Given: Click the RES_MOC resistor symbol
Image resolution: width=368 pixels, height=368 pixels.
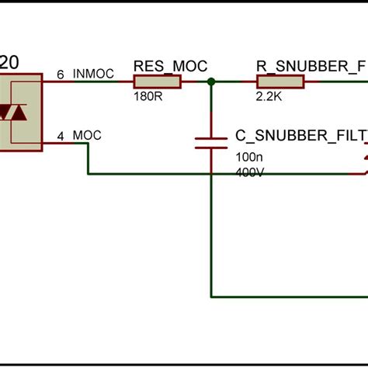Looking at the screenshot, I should point(158,82).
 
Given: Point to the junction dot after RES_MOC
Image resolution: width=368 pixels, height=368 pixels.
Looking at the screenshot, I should point(210,82).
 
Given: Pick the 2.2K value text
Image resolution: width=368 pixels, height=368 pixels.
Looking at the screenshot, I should point(269,96).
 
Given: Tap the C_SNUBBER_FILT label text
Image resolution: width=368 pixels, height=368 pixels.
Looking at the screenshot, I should point(300,136).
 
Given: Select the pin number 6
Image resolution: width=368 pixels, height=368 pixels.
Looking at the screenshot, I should point(61,75).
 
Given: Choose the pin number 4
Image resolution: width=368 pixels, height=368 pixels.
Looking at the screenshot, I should point(61,137).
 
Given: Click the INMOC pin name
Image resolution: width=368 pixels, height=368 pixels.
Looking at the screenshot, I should point(93,75).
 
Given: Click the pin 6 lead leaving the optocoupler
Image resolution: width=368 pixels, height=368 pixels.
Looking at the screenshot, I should point(54,82).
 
